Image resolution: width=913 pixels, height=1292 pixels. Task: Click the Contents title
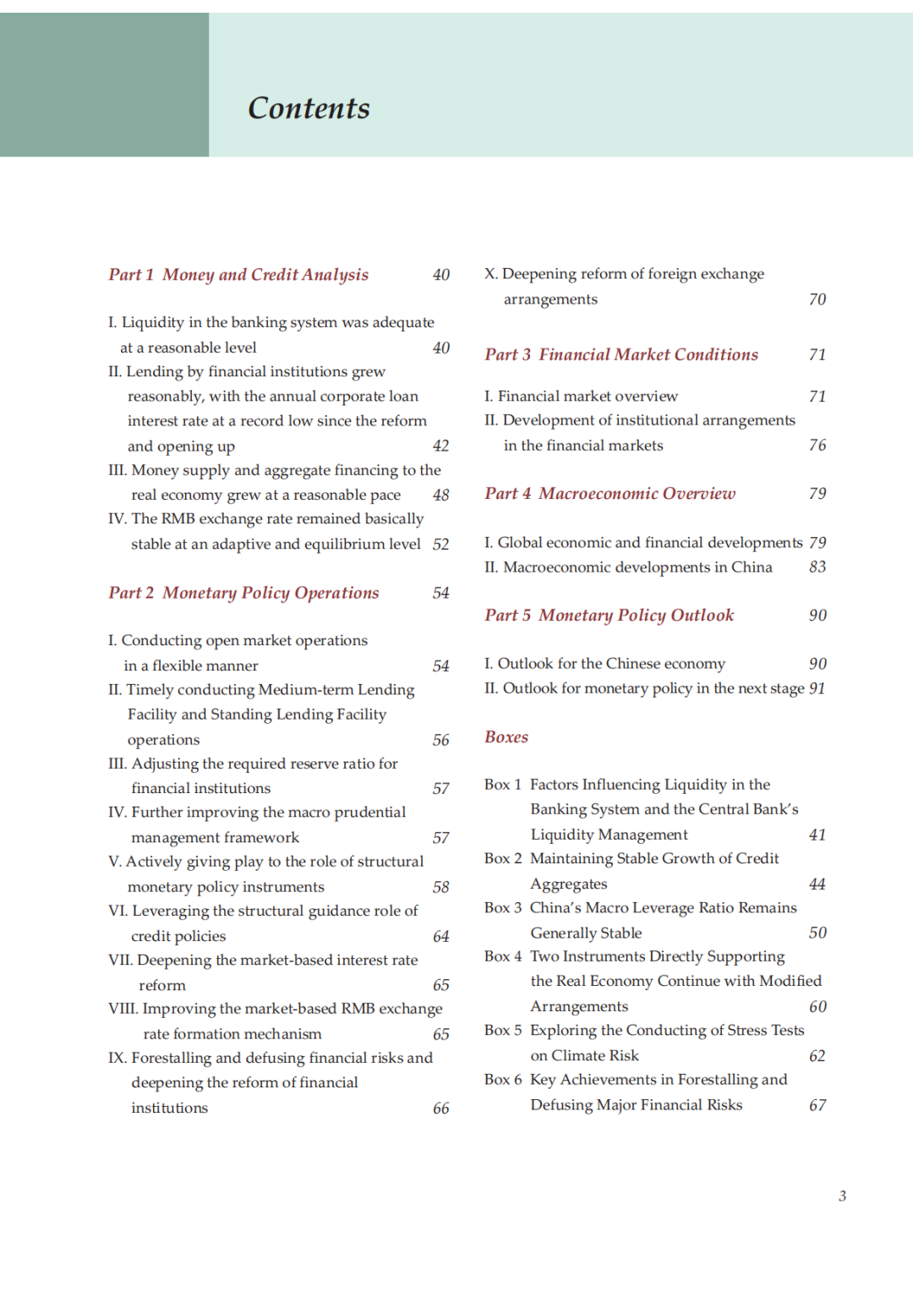309,108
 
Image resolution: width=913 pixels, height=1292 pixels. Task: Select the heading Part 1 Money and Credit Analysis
238,275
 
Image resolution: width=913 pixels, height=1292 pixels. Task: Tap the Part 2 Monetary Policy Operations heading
243,593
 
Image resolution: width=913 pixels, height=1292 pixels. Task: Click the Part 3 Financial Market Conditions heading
621,354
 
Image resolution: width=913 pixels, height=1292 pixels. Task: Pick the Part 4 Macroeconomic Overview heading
610,493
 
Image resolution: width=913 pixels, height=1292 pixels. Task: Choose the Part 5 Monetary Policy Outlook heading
609,615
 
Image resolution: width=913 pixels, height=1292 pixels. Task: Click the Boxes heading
506,736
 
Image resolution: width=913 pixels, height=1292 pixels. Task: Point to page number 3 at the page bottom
842,1196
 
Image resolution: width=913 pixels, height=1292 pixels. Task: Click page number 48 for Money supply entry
441,495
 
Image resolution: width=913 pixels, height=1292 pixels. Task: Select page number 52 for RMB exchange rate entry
441,544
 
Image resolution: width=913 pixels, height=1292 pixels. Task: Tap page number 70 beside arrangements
817,299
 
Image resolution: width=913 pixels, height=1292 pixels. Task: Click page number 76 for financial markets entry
817,445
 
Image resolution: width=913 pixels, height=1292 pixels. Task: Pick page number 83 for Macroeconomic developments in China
817,567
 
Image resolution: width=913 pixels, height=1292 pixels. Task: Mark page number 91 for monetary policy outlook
817,688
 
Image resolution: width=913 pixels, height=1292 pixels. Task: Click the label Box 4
503,956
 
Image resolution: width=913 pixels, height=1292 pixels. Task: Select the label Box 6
503,1080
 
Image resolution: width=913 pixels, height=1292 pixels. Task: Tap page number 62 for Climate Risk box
817,1055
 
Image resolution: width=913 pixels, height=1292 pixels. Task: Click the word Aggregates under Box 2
569,884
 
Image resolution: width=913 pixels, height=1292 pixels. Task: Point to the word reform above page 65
162,985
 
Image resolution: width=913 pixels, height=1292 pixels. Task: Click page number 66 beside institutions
441,1108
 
